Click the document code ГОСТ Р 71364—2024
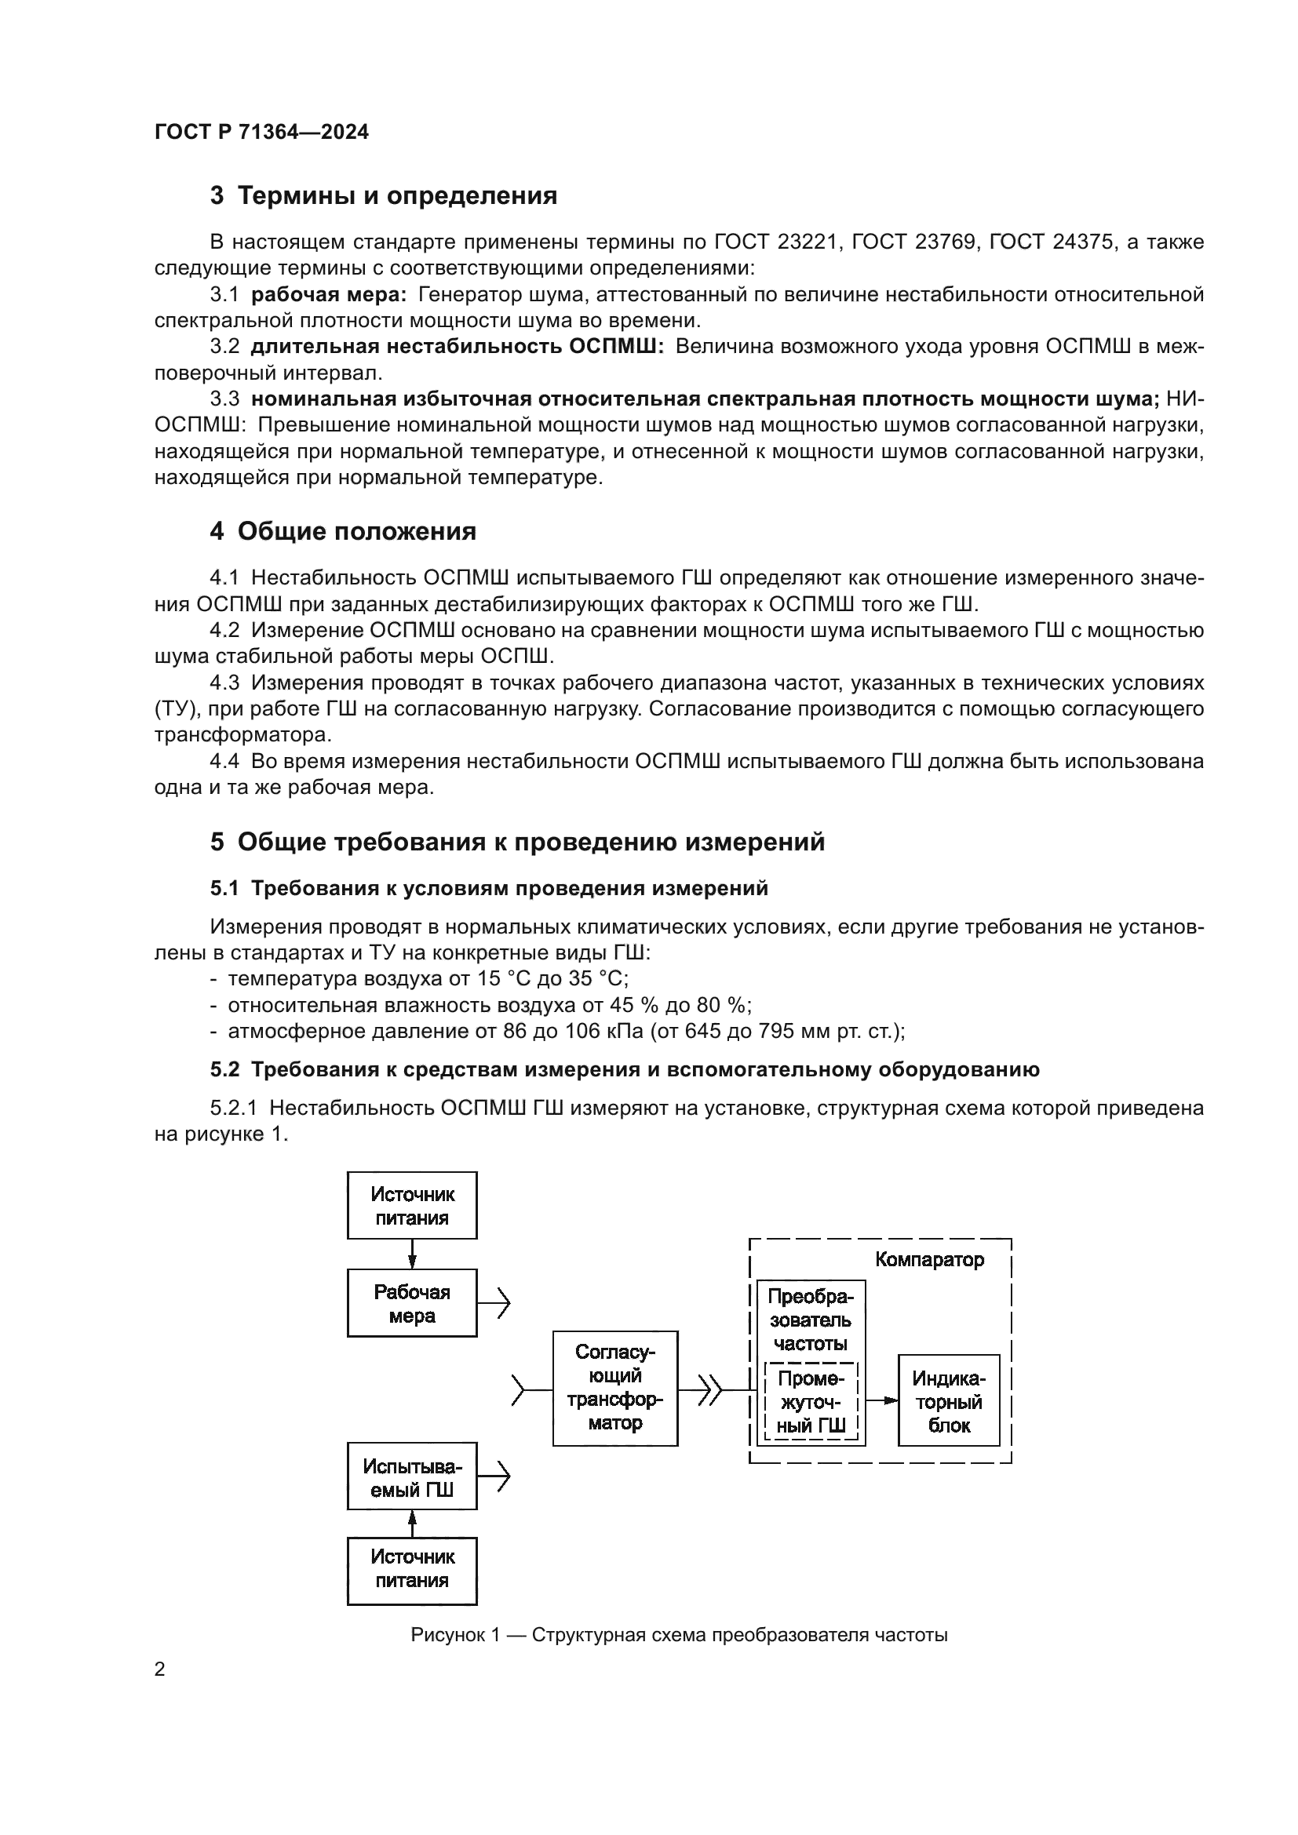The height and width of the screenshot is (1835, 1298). [261, 133]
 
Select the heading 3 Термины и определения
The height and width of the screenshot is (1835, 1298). [383, 196]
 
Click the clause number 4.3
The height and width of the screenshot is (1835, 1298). [224, 683]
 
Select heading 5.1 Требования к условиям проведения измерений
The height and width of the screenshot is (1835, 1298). [488, 888]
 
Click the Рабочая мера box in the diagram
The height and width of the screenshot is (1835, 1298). [412, 1304]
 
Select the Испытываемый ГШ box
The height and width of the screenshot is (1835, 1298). [412, 1478]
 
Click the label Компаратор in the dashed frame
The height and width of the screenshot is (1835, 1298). [928, 1261]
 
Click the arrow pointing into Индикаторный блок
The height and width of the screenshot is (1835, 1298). [881, 1400]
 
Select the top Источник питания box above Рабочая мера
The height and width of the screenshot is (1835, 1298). [412, 1206]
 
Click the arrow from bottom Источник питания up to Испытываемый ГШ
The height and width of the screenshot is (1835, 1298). [413, 1524]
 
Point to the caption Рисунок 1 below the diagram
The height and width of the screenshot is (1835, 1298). [679, 1634]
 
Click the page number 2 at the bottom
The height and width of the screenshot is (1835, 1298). [160, 1669]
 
